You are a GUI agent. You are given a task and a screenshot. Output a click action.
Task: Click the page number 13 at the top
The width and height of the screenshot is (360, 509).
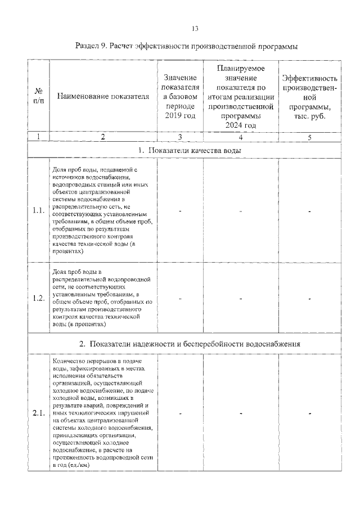click(195, 29)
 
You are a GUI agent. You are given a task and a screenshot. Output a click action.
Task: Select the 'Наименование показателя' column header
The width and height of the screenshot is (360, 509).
click(103, 96)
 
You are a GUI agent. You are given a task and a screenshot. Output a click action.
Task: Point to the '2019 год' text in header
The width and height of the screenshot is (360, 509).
click(180, 115)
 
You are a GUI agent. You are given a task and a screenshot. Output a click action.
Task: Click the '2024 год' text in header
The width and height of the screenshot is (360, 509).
click(240, 125)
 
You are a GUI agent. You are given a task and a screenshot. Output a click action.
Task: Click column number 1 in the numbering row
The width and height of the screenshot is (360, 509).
click(38, 137)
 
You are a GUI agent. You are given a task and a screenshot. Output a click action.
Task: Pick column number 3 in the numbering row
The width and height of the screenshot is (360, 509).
click(180, 137)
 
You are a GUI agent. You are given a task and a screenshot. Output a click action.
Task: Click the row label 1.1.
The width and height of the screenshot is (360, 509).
click(38, 211)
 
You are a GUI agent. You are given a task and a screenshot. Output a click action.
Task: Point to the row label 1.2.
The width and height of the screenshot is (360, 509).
click(38, 298)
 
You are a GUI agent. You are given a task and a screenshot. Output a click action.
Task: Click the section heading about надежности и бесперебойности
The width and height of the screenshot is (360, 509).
click(190, 343)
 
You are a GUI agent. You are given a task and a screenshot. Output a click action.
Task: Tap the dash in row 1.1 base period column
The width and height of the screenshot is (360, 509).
click(180, 211)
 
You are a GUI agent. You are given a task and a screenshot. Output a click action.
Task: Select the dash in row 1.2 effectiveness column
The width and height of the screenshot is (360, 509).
click(309, 298)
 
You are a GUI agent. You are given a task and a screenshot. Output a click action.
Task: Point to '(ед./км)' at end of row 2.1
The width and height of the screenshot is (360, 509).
click(79, 465)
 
